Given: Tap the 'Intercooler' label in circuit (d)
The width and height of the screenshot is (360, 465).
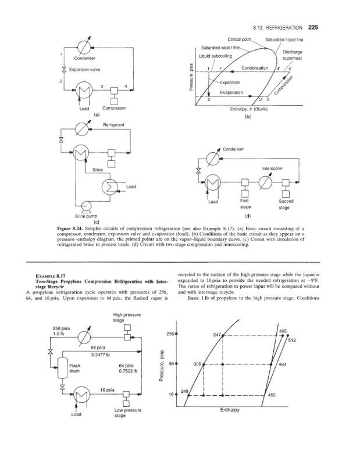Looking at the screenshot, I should (273, 169).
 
